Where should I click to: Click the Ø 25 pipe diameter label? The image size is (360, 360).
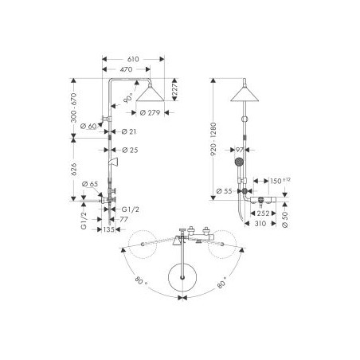coord(126,149)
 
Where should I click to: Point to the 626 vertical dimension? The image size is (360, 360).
coord(74,169)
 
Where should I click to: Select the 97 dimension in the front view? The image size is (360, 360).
coord(238,149)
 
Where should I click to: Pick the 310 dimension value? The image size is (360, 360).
coord(260,226)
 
